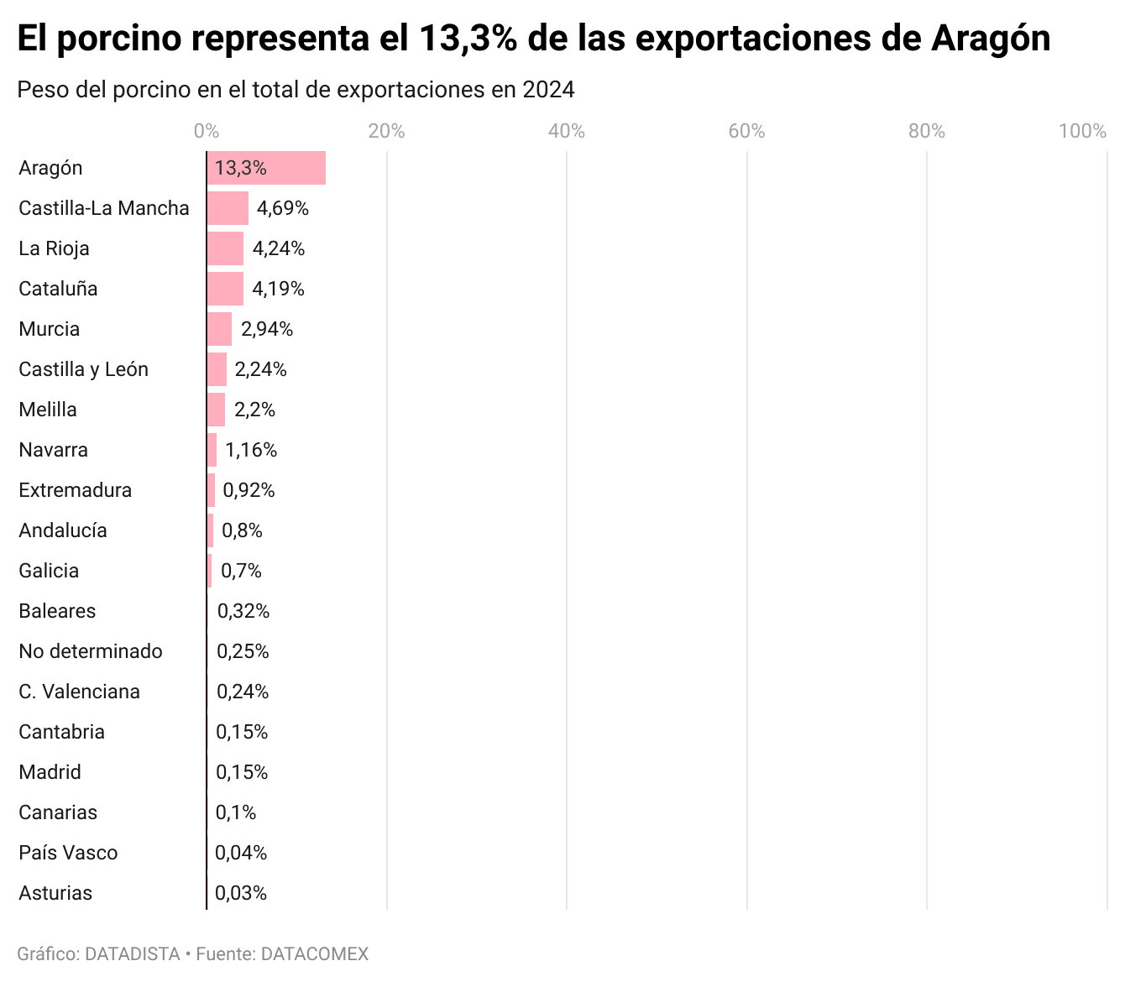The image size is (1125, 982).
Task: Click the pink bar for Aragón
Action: pyautogui.click(x=266, y=168)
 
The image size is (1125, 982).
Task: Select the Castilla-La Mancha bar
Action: pyautogui.click(x=228, y=208)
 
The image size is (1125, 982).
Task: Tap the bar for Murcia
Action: pyautogui.click(x=219, y=329)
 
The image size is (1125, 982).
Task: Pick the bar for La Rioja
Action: pyautogui.click(x=225, y=248)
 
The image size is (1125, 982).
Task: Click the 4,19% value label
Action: pyautogui.click(x=278, y=289)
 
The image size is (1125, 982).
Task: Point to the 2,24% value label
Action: pyautogui.click(x=260, y=369)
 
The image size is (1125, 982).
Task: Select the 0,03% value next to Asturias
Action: pyautogui.click(x=241, y=893)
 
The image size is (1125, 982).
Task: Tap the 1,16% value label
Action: pyautogui.click(x=251, y=450)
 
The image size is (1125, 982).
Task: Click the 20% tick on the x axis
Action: pyautogui.click(x=386, y=131)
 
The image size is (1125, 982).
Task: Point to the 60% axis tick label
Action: pyautogui.click(x=746, y=131)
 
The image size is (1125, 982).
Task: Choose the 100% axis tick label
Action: pyautogui.click(x=1082, y=131)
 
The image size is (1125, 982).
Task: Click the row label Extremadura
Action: pyautogui.click(x=75, y=490)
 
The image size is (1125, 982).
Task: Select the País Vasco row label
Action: pyautogui.click(x=68, y=853)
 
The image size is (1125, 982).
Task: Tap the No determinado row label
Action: pyautogui.click(x=91, y=651)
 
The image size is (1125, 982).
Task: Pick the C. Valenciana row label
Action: pyautogui.click(x=79, y=692)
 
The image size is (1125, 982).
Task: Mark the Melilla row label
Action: pyautogui.click(x=48, y=410)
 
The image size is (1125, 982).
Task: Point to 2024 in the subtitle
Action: pyautogui.click(x=548, y=90)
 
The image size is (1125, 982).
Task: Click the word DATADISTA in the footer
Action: pyautogui.click(x=133, y=954)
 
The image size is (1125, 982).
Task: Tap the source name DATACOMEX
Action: pyautogui.click(x=315, y=954)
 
